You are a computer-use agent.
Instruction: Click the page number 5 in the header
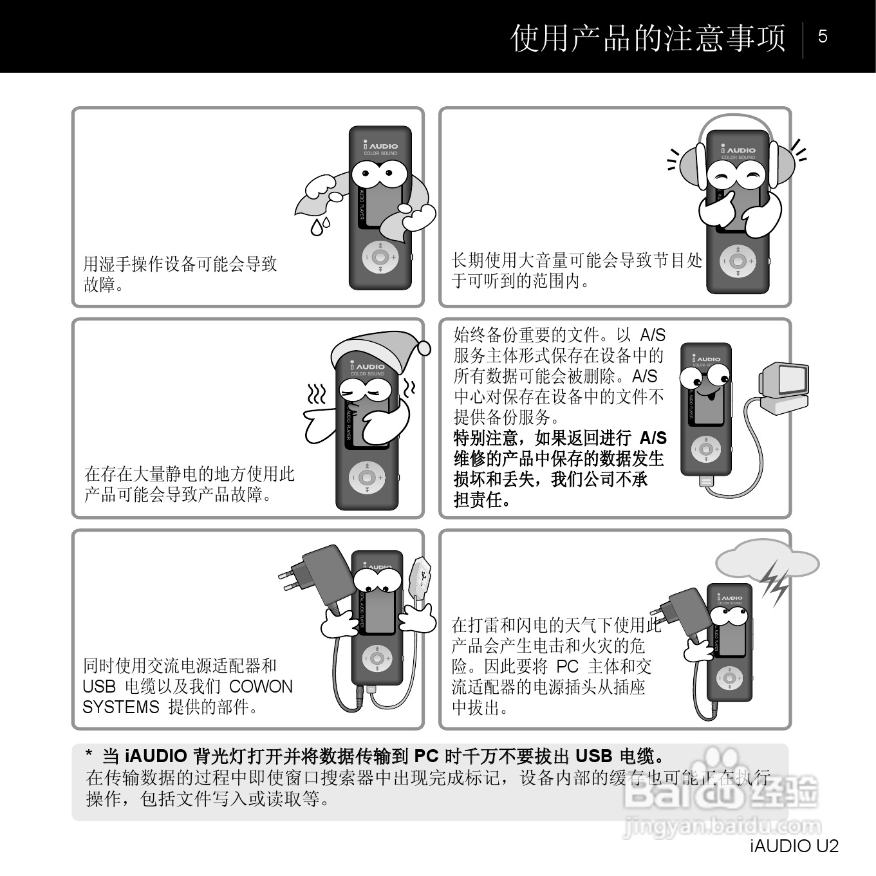coord(823,37)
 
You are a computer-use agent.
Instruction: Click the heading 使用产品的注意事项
coord(648,38)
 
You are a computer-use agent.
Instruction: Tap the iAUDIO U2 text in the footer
coord(794,846)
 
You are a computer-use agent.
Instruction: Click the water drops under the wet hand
coord(320,226)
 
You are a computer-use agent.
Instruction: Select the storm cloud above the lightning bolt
coord(767,559)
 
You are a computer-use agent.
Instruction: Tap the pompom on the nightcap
coord(424,348)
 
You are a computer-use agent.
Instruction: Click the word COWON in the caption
coord(261,686)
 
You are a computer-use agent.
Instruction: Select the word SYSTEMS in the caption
coord(121,707)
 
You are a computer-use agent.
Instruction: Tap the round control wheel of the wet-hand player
coord(380,257)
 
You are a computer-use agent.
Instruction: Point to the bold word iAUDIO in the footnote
coord(156,757)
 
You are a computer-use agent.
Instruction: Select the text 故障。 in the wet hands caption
coord(103,284)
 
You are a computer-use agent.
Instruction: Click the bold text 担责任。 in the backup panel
coord(482,500)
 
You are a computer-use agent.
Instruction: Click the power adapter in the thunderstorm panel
coord(682,617)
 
